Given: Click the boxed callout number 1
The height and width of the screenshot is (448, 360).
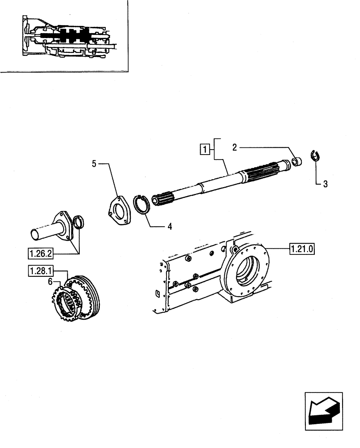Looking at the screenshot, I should click(x=204, y=149).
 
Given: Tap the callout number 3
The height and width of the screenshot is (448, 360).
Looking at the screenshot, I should click(x=325, y=184).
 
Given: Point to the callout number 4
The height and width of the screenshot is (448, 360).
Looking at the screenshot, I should click(x=169, y=227).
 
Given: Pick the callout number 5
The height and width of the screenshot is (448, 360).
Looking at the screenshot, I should click(x=94, y=164).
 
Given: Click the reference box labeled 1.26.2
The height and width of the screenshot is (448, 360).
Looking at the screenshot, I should click(x=41, y=254).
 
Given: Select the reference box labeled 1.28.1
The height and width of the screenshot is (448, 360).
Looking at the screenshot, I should click(x=41, y=271).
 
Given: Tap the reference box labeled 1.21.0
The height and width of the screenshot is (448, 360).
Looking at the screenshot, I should click(x=302, y=248).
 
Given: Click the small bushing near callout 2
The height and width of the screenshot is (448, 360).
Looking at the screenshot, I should click(x=296, y=160).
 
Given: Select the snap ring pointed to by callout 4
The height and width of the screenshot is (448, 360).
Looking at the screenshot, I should click(x=144, y=205).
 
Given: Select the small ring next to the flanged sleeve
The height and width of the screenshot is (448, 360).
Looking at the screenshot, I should click(x=79, y=221).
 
